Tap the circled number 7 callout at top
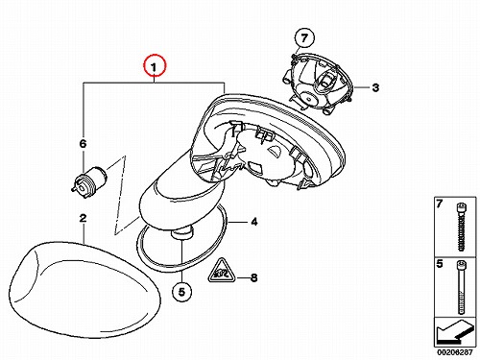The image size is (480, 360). tap(304, 38)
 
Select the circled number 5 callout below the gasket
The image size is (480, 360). tap(181, 292)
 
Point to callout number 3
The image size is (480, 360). tap(375, 87)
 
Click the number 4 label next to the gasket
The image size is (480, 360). tap(254, 222)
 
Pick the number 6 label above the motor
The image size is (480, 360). tap(83, 144)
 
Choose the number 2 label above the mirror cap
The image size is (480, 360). tap(83, 218)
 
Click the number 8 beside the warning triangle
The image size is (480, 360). tap(254, 277)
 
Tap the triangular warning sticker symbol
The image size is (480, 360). tap(221, 271)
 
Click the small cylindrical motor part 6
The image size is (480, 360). tap(89, 181)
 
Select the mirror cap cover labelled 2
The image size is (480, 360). tap(84, 290)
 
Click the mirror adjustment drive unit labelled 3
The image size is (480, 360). tap(319, 84)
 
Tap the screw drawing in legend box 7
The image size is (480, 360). tap(461, 228)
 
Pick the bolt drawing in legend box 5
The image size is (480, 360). tap(461, 287)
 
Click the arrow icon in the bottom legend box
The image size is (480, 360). tap(454, 331)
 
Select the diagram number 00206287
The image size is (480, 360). tap(455, 352)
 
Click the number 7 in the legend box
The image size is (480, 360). tap(440, 204)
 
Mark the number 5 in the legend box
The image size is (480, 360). tap(440, 264)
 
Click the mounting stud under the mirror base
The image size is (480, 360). tap(182, 232)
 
